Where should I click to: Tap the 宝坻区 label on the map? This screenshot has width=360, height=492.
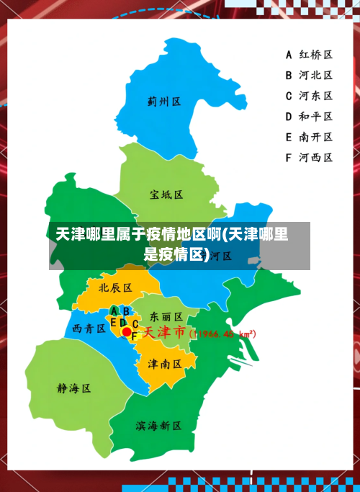tap(167, 194)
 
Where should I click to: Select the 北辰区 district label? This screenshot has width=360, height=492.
tap(115, 287)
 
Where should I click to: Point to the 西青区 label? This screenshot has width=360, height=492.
tap(90, 328)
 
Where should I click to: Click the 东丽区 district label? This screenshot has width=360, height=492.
tap(166, 316)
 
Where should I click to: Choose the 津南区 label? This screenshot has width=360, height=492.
tap(165, 364)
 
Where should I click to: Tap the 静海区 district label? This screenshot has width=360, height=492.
tap(74, 388)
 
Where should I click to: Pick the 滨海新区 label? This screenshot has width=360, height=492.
tap(158, 426)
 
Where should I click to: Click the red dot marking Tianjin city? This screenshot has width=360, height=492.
tap(127, 332)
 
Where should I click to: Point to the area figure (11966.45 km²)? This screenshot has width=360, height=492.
tap(222, 334)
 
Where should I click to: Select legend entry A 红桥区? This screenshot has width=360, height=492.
tap(309, 55)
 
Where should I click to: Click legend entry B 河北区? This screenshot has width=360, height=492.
tap(309, 75)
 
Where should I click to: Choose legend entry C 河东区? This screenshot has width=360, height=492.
tap(309, 95)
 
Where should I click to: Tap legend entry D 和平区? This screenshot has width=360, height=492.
tap(309, 116)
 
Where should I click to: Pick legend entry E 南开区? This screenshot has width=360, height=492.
tap(309, 136)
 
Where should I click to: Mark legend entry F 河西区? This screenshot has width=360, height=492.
tap(309, 156)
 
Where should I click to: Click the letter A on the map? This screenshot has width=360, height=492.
tap(115, 311)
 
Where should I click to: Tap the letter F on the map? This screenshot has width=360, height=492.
tap(134, 336)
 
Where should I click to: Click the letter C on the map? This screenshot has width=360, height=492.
tap(135, 324)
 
